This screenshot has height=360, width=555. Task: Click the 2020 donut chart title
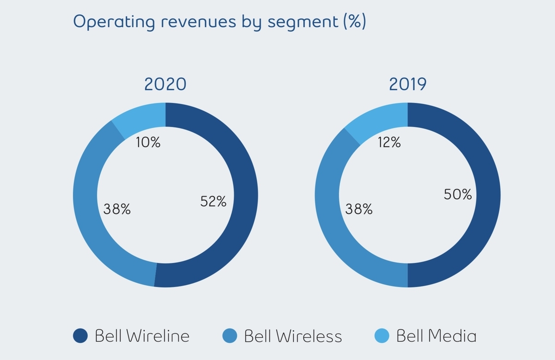165,84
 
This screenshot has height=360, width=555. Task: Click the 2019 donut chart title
407,84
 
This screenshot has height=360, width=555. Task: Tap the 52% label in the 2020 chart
213,201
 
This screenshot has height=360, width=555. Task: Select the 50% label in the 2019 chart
458,195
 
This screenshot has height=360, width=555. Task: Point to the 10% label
148,143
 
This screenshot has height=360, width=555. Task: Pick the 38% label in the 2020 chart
117,209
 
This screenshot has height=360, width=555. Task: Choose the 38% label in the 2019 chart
359,209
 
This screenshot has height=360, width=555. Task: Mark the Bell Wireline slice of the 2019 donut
488,194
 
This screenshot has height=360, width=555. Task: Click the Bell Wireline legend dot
80,336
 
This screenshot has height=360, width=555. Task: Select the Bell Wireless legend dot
229,336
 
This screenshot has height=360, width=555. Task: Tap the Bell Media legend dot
382,336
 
